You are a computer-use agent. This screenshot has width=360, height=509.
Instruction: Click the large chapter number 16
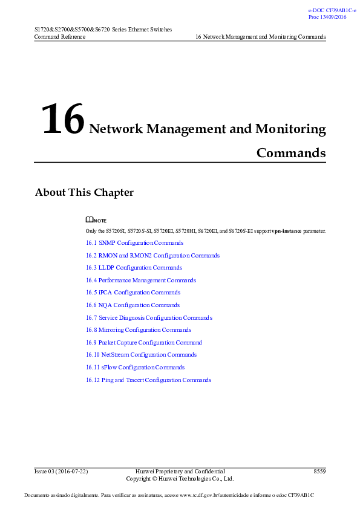coord(62,120)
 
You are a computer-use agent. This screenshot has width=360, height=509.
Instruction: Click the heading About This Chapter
coord(84,193)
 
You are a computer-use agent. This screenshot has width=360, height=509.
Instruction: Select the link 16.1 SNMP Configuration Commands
coord(134,243)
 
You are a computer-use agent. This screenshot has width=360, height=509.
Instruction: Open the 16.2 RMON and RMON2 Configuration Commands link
coord(152,256)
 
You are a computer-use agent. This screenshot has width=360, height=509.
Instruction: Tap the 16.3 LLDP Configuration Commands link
coord(134,268)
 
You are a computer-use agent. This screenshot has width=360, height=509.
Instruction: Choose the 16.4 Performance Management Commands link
coord(141,280)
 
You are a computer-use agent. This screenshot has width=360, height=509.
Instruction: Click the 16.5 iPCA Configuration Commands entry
coord(133,293)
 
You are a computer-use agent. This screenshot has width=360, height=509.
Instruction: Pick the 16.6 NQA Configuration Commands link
coord(133,305)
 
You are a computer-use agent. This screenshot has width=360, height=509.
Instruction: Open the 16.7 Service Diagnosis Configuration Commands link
coord(149,318)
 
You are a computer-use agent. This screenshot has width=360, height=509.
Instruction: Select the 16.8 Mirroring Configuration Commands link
coord(139,330)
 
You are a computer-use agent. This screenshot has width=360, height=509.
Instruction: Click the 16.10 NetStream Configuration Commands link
coord(141,355)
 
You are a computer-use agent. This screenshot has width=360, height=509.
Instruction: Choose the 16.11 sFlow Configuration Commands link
coord(135,368)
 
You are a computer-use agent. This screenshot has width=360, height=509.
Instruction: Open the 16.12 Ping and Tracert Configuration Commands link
coord(148,380)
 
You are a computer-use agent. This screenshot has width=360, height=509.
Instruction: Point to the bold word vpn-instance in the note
coord(286,231)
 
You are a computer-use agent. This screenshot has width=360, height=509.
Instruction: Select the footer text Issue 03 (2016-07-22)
coord(61,471)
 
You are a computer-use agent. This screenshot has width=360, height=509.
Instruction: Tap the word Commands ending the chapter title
coord(291,153)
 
